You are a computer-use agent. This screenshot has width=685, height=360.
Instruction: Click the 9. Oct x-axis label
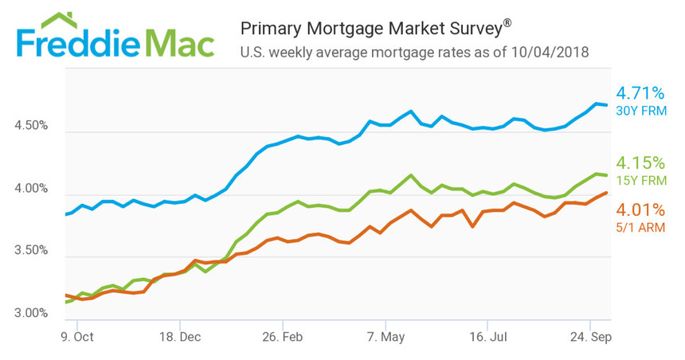[77, 336]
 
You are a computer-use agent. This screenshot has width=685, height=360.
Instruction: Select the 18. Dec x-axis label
[180, 336]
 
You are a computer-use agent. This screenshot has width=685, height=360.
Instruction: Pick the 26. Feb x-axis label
[283, 336]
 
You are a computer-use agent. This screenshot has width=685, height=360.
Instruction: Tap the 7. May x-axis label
[385, 336]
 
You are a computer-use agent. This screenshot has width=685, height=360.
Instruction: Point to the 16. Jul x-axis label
[487, 336]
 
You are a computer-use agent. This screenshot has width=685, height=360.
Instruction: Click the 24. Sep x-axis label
[590, 336]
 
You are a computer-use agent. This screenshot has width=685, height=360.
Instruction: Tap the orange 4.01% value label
[640, 210]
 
